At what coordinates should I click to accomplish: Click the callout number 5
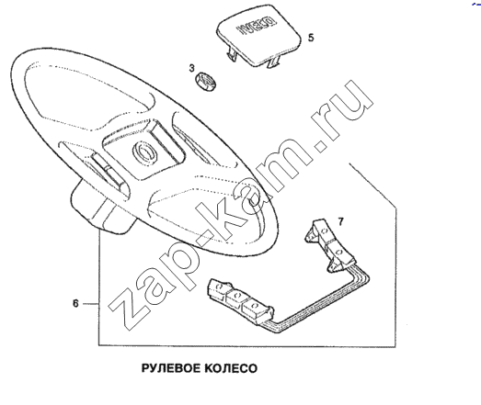point(311,38)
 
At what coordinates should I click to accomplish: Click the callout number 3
point(191,68)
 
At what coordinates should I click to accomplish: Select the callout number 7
point(341,221)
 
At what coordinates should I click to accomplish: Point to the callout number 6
point(75,304)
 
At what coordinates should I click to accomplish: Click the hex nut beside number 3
point(205,82)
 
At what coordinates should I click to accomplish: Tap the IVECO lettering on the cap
point(256,26)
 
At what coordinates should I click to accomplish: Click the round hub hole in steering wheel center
point(145,152)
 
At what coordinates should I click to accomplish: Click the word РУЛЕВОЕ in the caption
point(170,368)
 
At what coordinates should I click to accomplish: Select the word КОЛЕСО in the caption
point(230,368)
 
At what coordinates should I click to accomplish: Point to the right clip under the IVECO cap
point(274,62)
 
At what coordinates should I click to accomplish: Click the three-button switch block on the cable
point(240,299)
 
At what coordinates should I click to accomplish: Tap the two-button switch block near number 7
point(331,245)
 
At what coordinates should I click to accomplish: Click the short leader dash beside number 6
point(91,304)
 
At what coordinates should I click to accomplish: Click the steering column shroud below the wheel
point(102,208)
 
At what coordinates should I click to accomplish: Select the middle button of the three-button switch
point(235,298)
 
